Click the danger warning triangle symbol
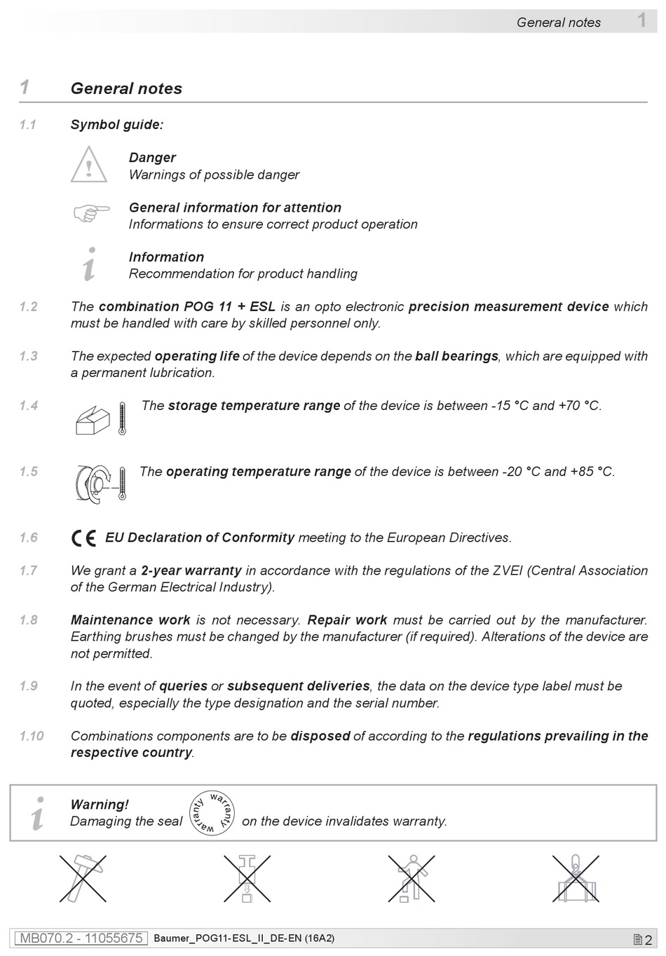tap(89, 165)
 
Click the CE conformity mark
tap(84, 538)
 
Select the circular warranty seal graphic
tap(212, 814)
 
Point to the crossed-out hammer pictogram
tap(83, 878)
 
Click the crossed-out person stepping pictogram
tap(412, 878)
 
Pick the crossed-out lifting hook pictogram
tap(576, 878)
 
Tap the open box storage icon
tap(93, 421)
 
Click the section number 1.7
tap(29, 571)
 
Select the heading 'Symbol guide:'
tap(117, 125)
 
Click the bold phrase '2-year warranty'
tap(191, 571)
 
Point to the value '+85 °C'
tap(592, 472)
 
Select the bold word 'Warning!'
tap(100, 805)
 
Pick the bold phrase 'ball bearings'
tap(456, 356)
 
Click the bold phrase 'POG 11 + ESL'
tap(229, 306)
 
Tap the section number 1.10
tap(32, 736)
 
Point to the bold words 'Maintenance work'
tap(130, 620)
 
